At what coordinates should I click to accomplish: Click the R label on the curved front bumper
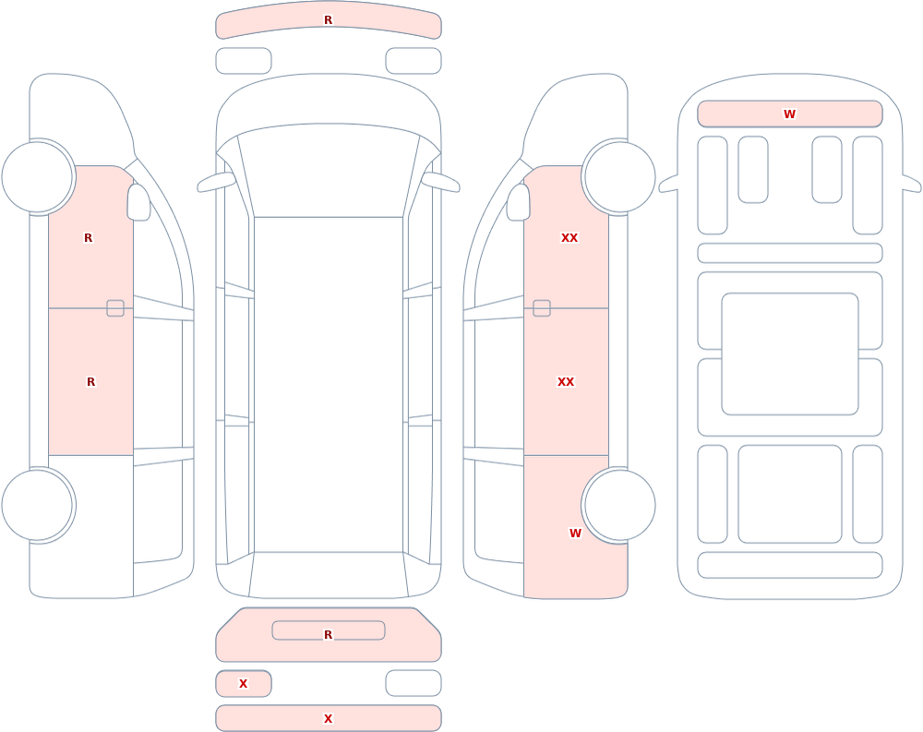pos(328,20)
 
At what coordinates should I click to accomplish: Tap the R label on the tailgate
pos(328,634)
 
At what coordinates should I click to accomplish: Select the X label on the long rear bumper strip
pos(328,718)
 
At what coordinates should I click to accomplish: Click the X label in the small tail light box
pos(243,684)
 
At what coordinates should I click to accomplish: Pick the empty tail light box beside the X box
pos(414,683)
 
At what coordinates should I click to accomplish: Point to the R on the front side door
pos(89,238)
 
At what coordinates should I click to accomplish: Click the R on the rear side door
pos(90,381)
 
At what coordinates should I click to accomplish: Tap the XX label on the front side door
pos(569,238)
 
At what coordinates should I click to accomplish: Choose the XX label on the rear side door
pos(566,381)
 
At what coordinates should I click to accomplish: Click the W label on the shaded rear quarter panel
pos(575,533)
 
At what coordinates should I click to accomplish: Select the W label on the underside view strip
pos(789,114)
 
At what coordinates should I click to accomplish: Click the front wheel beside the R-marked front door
pos(38,176)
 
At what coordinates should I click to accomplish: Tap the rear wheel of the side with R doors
pos(38,505)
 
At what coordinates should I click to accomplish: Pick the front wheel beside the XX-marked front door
pos(618,176)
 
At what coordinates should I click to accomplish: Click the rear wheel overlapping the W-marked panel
pos(618,505)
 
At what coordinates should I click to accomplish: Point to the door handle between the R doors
pos(115,308)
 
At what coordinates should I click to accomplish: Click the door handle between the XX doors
pos(542,308)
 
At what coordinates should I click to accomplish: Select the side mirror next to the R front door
pos(138,202)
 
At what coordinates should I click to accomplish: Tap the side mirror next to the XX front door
pos(519,202)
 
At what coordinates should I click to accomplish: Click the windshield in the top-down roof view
pos(329,171)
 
